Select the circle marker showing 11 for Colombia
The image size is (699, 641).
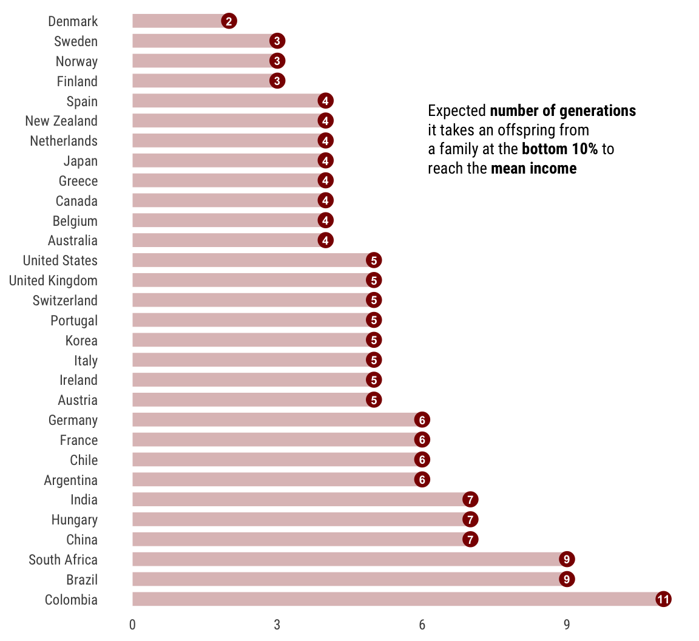[x=663, y=600]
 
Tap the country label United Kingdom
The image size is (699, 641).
[x=53, y=280]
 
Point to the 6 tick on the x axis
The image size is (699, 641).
[x=422, y=625]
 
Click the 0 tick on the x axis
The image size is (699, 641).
[x=132, y=625]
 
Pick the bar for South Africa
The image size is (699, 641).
[x=346, y=560]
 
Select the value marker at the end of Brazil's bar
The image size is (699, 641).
[x=567, y=580]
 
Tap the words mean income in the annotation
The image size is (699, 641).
[x=533, y=169]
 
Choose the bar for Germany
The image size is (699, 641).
[x=273, y=420]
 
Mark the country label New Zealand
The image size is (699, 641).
[x=61, y=121]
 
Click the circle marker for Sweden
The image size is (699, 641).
[x=277, y=41]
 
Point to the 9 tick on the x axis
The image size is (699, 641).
[x=567, y=625]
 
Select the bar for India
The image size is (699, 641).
[x=297, y=500]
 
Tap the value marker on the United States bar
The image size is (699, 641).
[x=374, y=260]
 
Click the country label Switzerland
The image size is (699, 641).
[x=65, y=300]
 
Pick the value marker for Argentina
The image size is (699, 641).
[x=422, y=480]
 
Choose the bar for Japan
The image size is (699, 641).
[x=225, y=161]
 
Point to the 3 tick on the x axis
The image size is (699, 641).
[x=277, y=625]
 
